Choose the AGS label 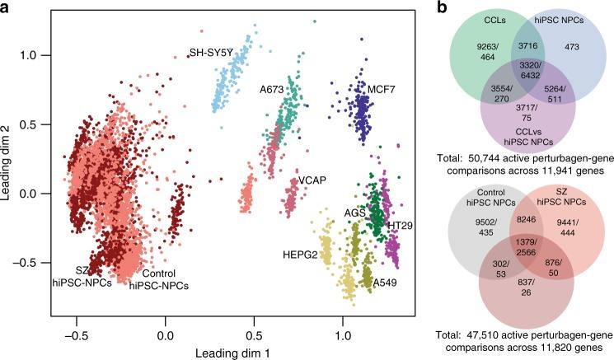[x=355, y=213]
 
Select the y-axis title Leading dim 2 [x=11, y=162]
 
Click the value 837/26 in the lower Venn [x=522, y=304]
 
